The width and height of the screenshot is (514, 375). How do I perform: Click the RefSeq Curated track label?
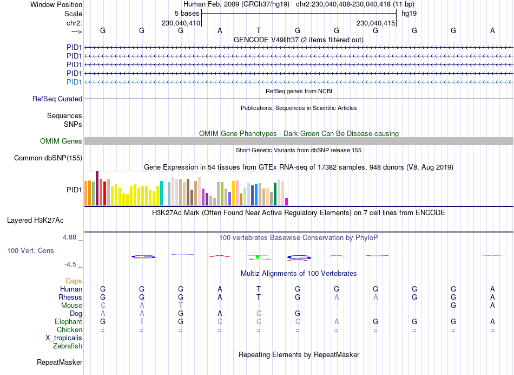57,99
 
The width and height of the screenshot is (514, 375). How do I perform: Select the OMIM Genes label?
61,141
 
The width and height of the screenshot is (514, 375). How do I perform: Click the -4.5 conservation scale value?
71,264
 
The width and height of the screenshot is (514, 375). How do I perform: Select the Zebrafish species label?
68,346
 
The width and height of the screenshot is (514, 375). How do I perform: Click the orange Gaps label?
74,281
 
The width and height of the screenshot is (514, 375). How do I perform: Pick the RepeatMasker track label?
60,362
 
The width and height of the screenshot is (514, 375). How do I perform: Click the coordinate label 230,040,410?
181,23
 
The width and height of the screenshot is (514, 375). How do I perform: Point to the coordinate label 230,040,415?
375,23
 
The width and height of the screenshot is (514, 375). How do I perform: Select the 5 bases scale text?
187,13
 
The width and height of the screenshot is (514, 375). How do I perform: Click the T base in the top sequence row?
259,30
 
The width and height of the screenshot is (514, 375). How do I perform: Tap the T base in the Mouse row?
181,306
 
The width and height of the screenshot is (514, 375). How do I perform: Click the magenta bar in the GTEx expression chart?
287,202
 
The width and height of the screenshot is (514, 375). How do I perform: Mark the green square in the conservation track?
258,256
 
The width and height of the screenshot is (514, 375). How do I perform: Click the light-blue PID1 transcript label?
74,82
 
